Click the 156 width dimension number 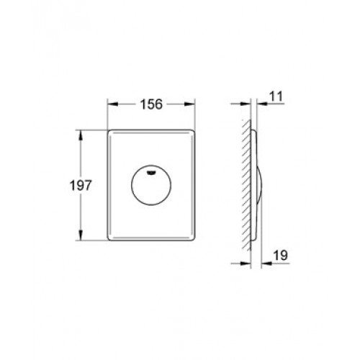pos(151,104)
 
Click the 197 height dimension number pos(81,186)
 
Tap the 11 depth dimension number pos(276,96)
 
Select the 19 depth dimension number pos(281,256)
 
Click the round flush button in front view pos(151,185)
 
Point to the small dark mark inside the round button pos(151,171)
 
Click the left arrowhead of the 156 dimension pos(113,104)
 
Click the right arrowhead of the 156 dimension pos(189,104)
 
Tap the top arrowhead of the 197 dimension pos(81,135)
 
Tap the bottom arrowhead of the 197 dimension pos(81,235)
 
